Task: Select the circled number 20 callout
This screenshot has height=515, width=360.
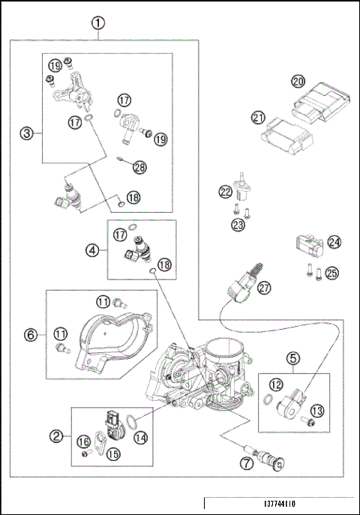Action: (298, 81)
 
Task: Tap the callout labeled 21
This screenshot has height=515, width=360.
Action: (258, 117)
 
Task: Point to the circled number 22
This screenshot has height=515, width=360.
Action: (226, 192)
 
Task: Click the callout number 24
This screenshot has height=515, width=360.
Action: (334, 242)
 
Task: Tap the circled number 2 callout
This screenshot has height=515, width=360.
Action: (55, 434)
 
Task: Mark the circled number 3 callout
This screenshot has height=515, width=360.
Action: (26, 134)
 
